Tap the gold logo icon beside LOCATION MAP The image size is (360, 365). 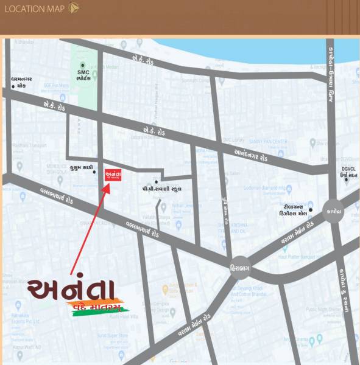pos(74,8)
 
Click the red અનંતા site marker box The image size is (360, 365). pos(111,173)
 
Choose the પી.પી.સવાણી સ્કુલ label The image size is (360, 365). pos(162,189)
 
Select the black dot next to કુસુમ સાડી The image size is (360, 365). pos(94,172)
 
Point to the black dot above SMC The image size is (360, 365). pos(82,64)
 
